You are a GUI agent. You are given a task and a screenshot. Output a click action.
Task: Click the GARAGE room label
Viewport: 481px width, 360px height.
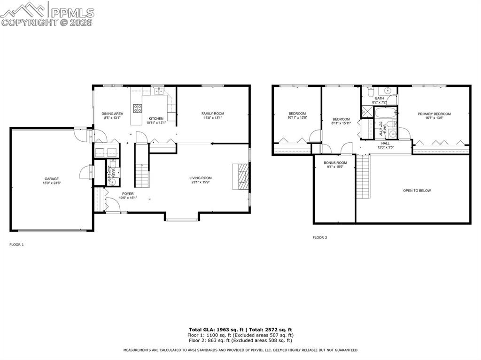[52, 179]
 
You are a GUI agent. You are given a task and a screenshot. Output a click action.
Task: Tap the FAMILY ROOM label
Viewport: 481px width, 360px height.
[213, 114]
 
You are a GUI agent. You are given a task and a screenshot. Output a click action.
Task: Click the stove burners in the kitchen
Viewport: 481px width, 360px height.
[138, 109]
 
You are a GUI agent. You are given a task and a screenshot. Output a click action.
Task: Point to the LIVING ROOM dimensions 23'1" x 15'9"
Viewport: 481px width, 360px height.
[201, 183]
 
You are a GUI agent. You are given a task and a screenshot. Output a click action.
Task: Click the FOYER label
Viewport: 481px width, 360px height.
[128, 193]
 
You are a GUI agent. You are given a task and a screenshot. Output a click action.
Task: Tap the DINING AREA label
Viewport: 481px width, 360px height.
[112, 114]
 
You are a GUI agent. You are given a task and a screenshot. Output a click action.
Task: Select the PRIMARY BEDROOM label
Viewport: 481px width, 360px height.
[434, 114]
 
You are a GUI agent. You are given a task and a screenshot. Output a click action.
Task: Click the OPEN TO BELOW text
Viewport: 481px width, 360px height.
[417, 191]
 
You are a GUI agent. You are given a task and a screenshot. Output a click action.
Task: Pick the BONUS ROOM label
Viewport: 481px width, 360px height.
[335, 162]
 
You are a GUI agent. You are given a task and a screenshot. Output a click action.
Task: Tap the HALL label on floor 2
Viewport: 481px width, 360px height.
[385, 144]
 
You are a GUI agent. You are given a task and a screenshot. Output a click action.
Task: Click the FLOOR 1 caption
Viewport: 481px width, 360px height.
[16, 245]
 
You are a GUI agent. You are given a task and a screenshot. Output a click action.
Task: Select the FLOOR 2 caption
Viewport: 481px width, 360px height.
[320, 237]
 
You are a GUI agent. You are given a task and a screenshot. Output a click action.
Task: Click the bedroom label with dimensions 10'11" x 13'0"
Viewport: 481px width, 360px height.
[297, 114]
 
